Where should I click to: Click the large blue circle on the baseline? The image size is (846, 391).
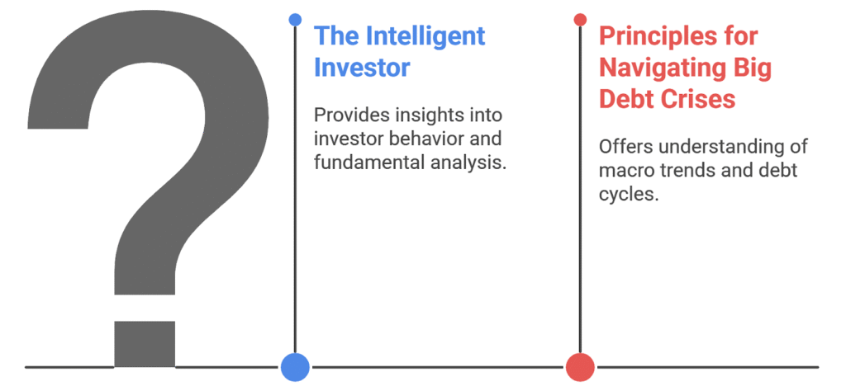[x=295, y=367]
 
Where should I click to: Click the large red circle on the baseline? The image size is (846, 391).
[x=580, y=367]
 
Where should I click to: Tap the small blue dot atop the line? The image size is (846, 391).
[x=295, y=20]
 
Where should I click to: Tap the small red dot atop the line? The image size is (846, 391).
[x=580, y=20]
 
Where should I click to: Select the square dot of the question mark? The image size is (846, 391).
[x=145, y=344]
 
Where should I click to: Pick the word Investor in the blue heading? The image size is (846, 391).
[x=362, y=68]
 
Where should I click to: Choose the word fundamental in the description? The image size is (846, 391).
[x=363, y=162]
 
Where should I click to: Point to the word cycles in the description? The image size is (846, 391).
[x=629, y=195]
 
